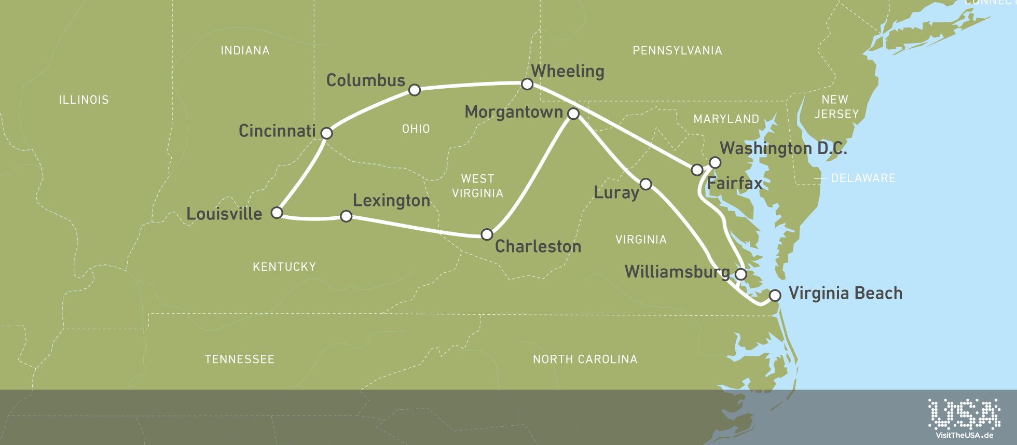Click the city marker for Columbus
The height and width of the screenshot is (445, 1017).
pos(414,90)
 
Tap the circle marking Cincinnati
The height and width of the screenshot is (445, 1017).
pos(326,133)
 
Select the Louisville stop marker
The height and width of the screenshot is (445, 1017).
pos(277,213)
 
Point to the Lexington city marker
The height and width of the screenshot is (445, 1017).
pos(346,216)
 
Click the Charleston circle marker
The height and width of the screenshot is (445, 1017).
pos(487,234)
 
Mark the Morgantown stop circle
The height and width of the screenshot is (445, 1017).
pos(573,114)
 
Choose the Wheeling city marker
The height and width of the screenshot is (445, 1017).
pos(527,84)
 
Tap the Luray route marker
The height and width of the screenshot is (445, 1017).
pos(646,184)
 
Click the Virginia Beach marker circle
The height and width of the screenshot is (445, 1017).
pos(775,296)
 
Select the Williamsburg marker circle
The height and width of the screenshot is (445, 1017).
pos(741,274)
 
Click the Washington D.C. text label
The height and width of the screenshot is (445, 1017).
pos(783,149)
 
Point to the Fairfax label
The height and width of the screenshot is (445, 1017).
pos(734,183)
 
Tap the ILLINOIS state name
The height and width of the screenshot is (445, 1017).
pos(84,100)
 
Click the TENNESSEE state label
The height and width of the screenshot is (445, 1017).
pos(239,359)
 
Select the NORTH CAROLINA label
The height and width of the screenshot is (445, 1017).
pos(585,359)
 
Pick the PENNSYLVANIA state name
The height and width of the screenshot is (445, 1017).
pos(677,50)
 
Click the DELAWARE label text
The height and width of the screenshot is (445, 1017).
pos(863,178)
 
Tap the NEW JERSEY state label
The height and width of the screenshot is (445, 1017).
pos(836,106)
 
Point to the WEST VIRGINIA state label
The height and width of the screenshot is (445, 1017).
pos(477,186)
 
